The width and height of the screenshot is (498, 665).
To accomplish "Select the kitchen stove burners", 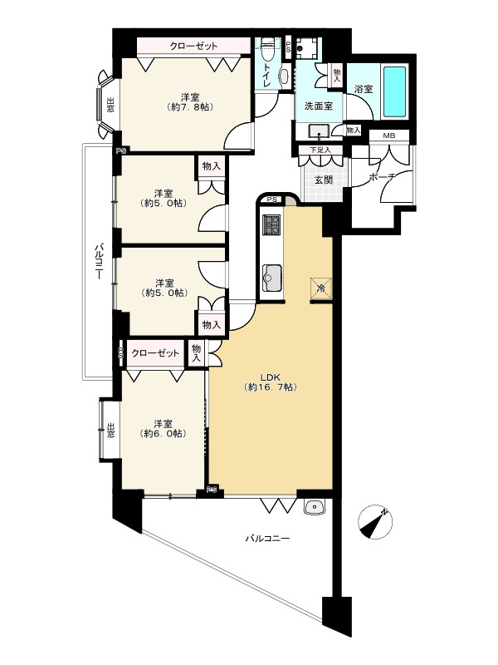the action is click(x=271, y=225).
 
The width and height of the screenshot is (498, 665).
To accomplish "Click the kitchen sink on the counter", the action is click(x=271, y=278).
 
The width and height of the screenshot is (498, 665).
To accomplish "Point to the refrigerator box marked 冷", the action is click(x=320, y=288).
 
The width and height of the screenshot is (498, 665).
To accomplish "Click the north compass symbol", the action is click(x=375, y=522).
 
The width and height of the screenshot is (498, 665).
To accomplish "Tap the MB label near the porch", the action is click(x=388, y=136).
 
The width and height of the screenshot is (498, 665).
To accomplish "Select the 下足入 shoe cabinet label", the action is click(x=320, y=150).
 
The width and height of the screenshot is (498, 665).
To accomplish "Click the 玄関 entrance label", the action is click(x=323, y=180).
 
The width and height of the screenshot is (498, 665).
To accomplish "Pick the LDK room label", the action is click(x=271, y=377).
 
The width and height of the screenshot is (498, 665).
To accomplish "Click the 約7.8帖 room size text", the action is click(x=190, y=107).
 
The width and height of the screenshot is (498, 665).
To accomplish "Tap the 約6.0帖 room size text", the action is click(x=163, y=433).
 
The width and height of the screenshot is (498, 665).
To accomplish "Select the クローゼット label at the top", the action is click(x=193, y=46).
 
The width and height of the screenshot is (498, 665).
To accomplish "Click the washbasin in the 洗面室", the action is click(x=319, y=131).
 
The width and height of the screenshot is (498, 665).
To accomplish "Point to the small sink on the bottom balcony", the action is click(x=314, y=506).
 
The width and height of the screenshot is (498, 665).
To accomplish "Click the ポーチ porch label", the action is click(x=383, y=177).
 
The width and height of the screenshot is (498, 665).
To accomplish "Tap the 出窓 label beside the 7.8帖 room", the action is click(x=110, y=105).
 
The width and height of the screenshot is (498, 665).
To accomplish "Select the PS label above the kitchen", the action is click(x=271, y=199).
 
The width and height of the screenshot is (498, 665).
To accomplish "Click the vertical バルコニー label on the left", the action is click(x=98, y=261).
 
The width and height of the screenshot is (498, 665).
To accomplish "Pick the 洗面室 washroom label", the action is click(x=319, y=106).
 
